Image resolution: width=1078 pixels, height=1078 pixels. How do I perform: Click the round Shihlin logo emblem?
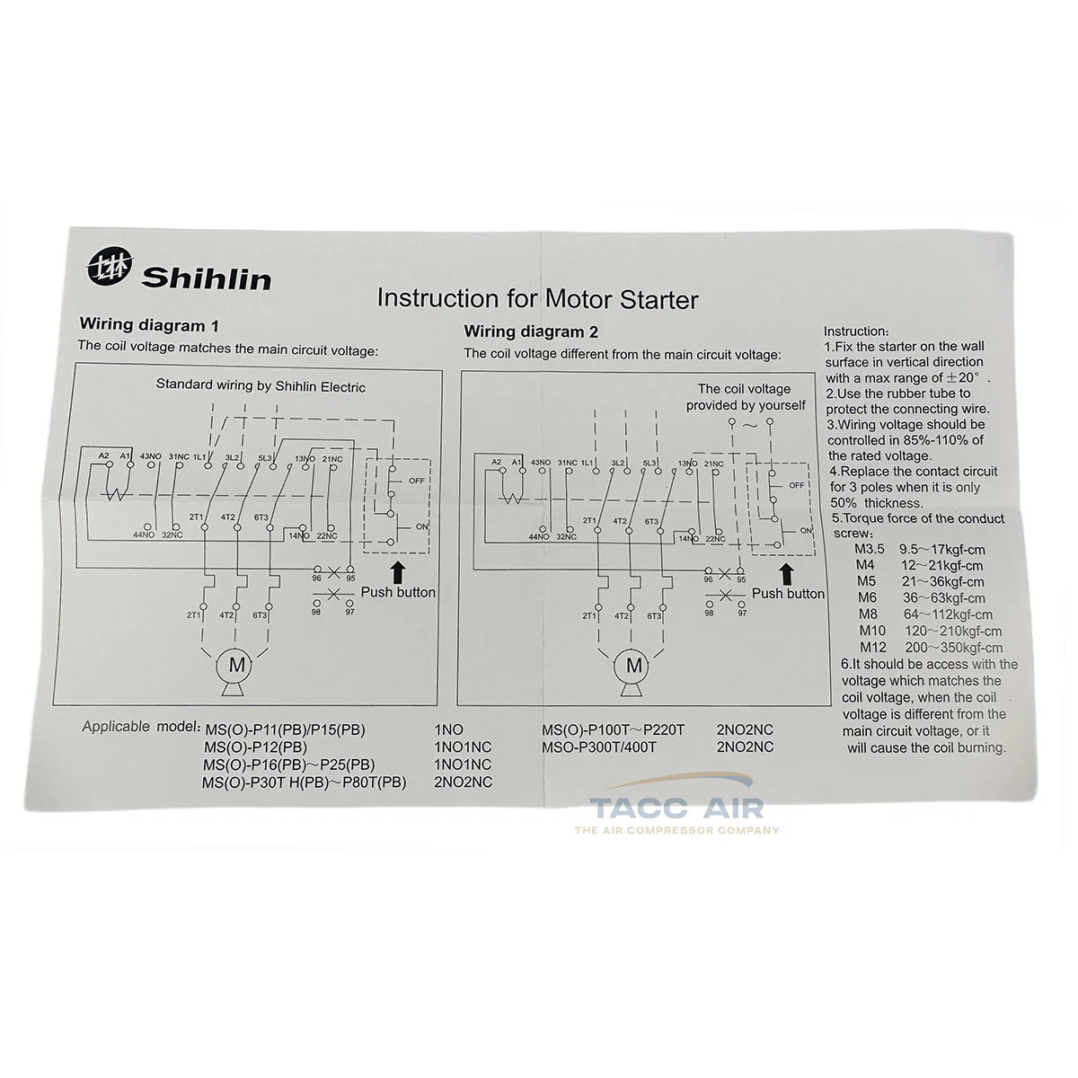point(110,266)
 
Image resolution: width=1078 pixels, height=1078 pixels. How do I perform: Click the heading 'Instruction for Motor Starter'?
point(537,299)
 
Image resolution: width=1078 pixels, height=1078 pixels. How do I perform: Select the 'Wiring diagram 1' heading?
point(149,325)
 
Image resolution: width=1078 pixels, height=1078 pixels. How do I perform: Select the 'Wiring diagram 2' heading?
point(531,331)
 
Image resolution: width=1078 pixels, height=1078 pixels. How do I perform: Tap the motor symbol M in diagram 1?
point(236,665)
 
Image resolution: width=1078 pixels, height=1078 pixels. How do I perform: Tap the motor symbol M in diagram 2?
point(634,665)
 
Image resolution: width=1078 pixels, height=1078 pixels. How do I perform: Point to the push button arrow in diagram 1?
point(398,573)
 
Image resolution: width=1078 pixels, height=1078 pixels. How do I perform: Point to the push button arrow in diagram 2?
point(787,576)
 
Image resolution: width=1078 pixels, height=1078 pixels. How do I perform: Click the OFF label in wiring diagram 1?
point(417,481)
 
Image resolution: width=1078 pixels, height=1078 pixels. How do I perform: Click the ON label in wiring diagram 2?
point(806,530)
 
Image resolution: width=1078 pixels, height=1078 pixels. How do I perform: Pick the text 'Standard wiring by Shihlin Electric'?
point(261,385)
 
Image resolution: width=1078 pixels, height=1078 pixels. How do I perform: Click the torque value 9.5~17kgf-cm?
point(942,550)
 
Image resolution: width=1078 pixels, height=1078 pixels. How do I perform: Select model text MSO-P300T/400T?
point(599,747)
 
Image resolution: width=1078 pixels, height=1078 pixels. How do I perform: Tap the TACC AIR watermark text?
point(677,808)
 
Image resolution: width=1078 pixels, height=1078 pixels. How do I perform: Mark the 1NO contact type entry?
point(448,729)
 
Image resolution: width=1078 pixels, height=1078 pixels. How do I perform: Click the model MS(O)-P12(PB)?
point(256,747)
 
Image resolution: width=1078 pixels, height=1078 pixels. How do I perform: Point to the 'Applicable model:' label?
point(141,727)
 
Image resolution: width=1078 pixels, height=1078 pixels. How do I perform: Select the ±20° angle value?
point(963,377)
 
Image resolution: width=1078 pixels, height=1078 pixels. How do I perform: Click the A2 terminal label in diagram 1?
point(103,456)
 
